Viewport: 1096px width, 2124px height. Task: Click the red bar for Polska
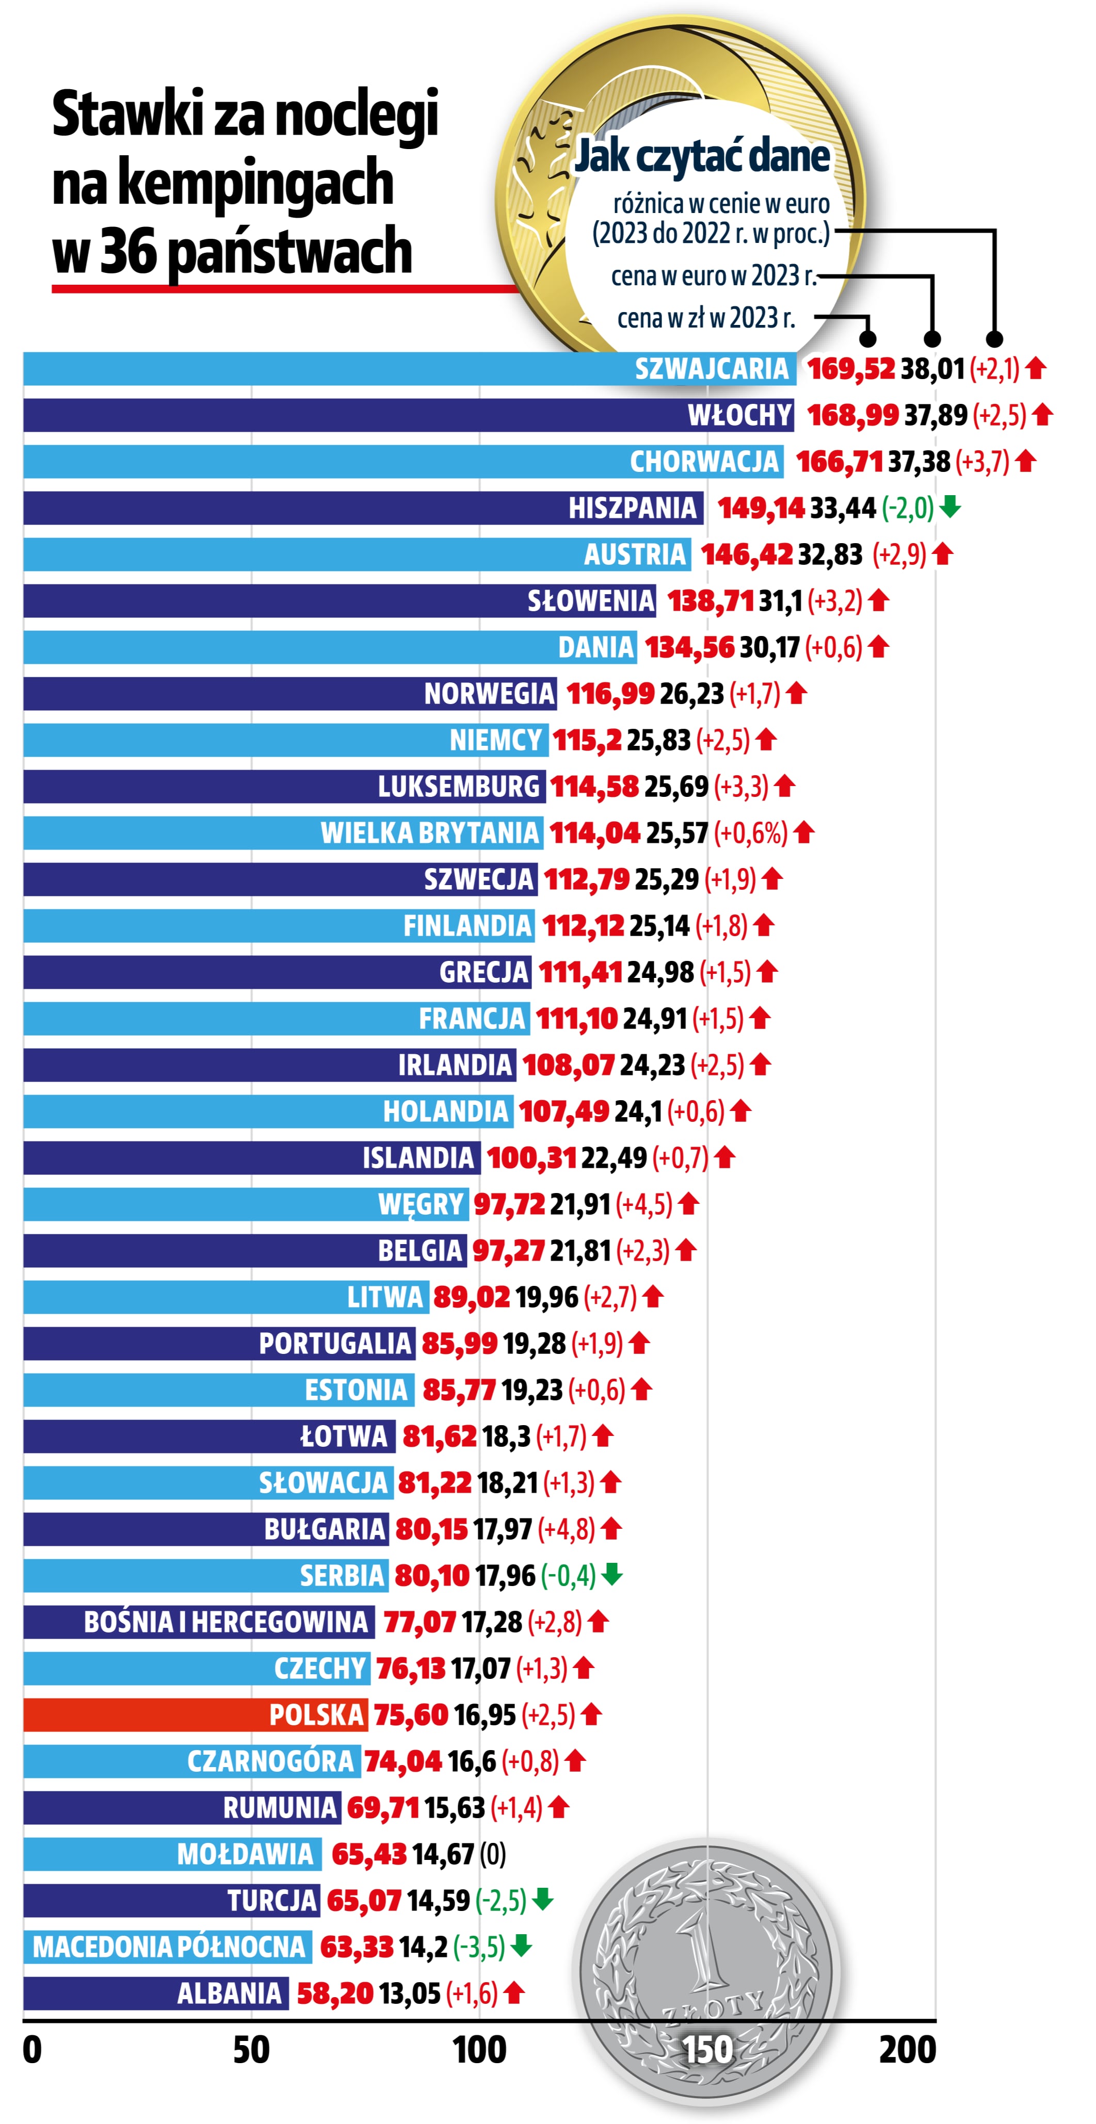point(195,1715)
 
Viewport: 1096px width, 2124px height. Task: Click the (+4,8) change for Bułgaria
point(566,1529)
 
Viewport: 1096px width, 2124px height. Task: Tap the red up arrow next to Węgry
point(688,1204)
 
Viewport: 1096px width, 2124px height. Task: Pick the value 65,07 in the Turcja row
point(364,1901)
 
